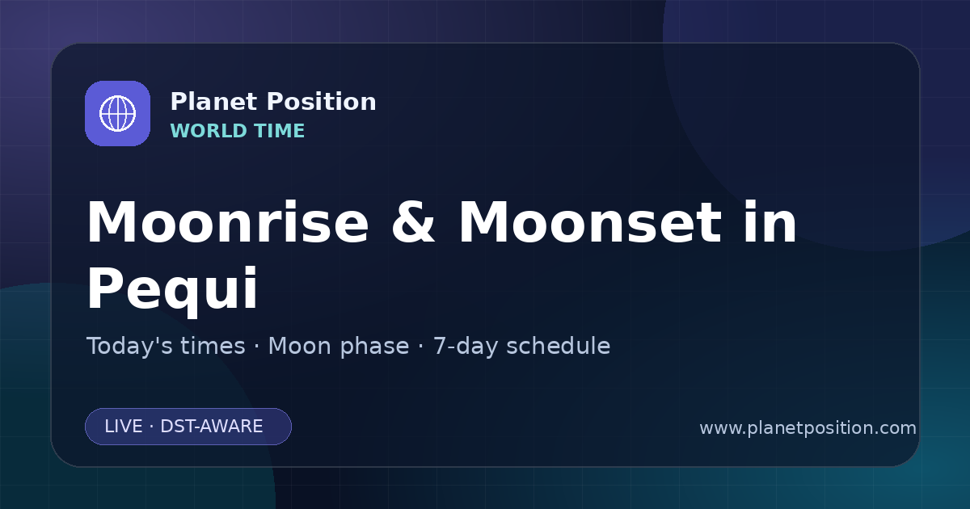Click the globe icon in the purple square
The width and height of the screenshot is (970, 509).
(x=117, y=113)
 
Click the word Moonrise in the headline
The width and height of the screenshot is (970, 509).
(x=228, y=222)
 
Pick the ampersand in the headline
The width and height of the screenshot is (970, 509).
(x=413, y=222)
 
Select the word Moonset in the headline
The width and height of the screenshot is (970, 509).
(x=590, y=222)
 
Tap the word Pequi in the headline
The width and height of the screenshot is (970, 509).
(x=172, y=289)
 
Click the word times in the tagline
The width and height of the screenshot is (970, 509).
(x=213, y=346)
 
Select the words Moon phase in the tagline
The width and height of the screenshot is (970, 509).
(x=339, y=347)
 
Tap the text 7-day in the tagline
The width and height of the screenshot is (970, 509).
(x=466, y=347)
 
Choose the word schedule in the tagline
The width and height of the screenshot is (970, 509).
(x=559, y=346)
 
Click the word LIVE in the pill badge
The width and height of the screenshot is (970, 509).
(x=124, y=427)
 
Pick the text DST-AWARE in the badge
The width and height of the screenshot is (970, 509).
(x=211, y=427)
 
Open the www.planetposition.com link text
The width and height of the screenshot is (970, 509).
(x=808, y=428)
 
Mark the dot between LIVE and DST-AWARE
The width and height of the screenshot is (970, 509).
(x=152, y=427)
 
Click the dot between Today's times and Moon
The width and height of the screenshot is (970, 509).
(x=257, y=347)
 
